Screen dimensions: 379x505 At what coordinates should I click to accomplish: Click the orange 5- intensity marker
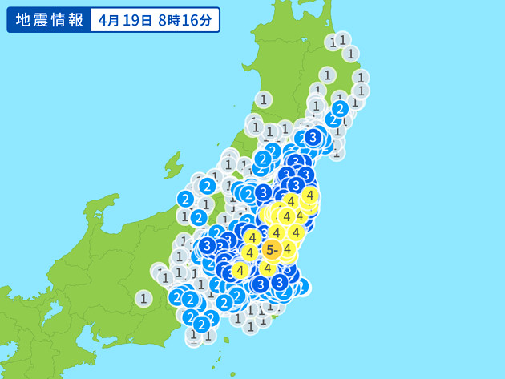pyautogui.click(x=272, y=250)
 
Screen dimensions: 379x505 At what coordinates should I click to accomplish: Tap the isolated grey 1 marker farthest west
pyautogui.click(x=143, y=298)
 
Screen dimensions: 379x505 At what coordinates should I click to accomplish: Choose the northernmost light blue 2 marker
pyautogui.click(x=340, y=108)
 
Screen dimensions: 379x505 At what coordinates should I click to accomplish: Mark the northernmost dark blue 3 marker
pyautogui.click(x=313, y=137)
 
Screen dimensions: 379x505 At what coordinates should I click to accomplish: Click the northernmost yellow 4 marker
pyautogui.click(x=310, y=195)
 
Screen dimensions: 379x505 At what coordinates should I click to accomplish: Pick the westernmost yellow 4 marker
pyautogui.click(x=239, y=271)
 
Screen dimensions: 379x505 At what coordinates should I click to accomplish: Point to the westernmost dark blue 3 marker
pyautogui.click(x=208, y=245)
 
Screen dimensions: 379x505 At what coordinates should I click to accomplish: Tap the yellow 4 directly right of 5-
pyautogui.click(x=286, y=248)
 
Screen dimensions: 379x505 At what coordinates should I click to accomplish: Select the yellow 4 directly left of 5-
pyautogui.click(x=249, y=253)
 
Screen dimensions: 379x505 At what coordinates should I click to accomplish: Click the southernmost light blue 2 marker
pyautogui.click(x=200, y=325)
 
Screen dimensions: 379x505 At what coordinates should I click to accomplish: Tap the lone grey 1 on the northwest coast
pyautogui.click(x=263, y=99)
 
